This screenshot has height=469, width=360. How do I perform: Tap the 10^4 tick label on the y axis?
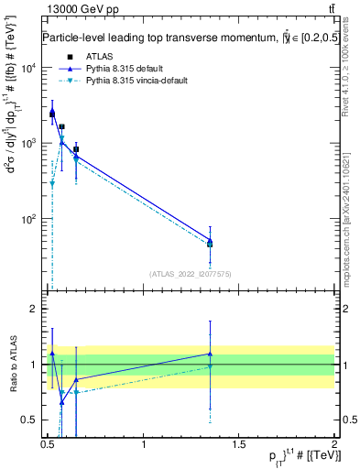click(27, 69)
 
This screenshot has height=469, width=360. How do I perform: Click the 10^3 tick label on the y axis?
click(27, 144)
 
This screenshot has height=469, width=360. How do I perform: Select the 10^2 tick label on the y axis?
click(27, 219)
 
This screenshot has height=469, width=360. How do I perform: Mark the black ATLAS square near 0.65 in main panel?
click(76, 149)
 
